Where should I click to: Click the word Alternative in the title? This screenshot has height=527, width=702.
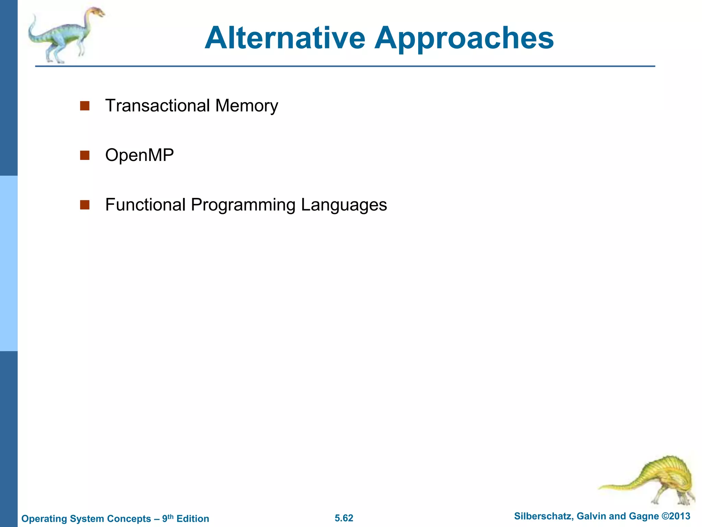point(285,38)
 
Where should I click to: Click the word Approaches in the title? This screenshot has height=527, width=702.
point(463,38)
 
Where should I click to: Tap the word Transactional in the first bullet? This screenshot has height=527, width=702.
point(157,105)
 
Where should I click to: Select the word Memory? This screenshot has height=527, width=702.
point(246,106)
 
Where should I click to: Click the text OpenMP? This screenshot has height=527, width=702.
point(139,155)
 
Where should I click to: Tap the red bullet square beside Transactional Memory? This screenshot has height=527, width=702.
point(85,106)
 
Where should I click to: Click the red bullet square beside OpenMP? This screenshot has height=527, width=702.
point(85,155)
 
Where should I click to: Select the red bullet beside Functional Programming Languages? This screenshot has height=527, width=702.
point(85,205)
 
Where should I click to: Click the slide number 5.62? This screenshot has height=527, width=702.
point(344,518)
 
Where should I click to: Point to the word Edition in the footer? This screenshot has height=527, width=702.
point(193,518)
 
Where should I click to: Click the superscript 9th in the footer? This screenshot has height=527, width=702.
point(168,517)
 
